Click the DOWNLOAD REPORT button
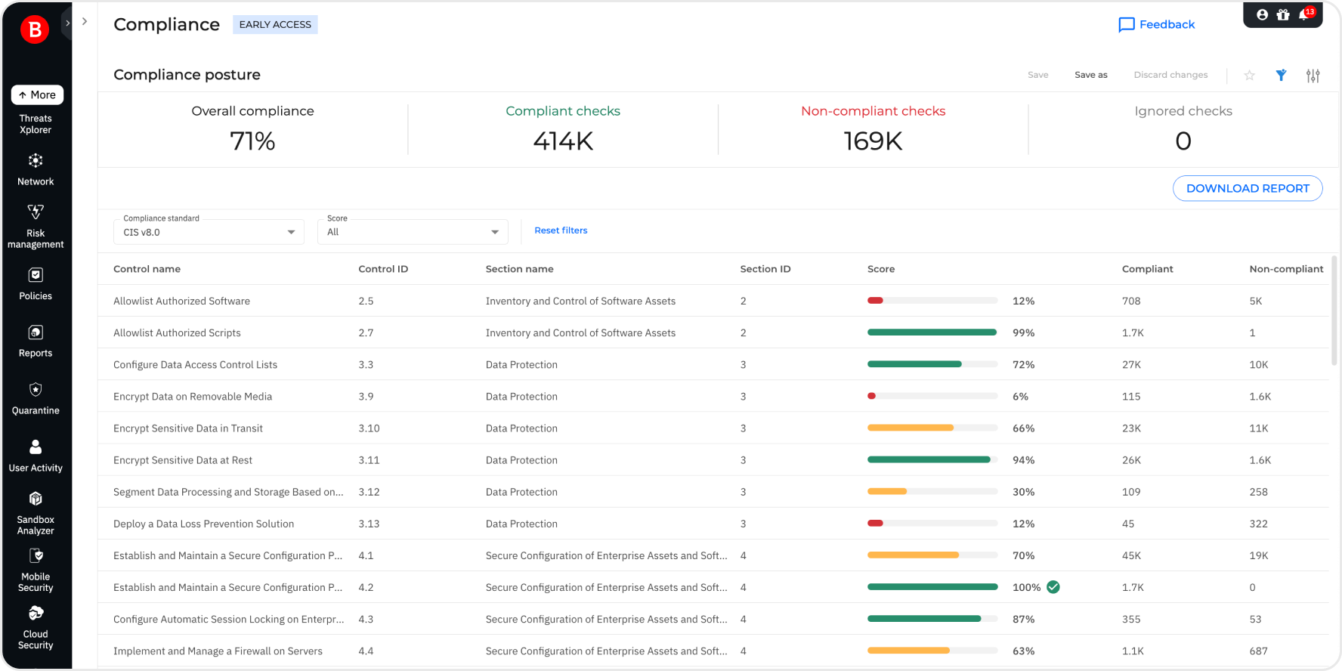click(x=1247, y=188)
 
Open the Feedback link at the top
click(x=1157, y=24)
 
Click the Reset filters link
click(x=561, y=230)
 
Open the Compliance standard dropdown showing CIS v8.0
click(x=209, y=232)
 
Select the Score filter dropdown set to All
click(x=413, y=232)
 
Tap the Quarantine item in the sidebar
click(x=36, y=398)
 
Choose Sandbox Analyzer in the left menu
click(x=36, y=513)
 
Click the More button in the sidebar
click(x=37, y=94)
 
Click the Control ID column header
click(x=383, y=269)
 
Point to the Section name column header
click(x=519, y=269)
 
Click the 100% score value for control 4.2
click(x=1026, y=587)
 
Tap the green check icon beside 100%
click(x=1053, y=587)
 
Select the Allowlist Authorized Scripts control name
click(x=177, y=332)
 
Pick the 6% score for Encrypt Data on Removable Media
click(x=1020, y=397)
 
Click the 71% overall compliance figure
click(x=252, y=141)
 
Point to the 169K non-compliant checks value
click(x=873, y=141)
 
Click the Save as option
click(x=1090, y=75)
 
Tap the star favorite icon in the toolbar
click(x=1249, y=75)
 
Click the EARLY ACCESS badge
click(x=275, y=24)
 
